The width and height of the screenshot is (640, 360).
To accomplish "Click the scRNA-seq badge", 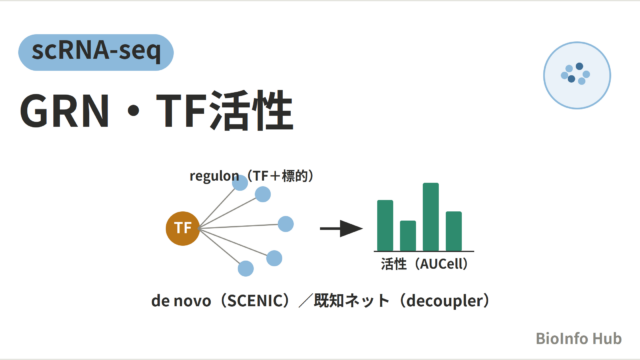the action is (x=96, y=52).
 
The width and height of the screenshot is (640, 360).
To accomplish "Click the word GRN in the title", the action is (x=64, y=111).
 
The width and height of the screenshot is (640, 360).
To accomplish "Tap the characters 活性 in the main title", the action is (x=251, y=111).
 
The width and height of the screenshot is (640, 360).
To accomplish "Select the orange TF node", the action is (x=182, y=228).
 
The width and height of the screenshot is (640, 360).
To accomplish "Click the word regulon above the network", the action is (x=214, y=176).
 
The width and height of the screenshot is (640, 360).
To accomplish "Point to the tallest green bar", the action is (x=431, y=217).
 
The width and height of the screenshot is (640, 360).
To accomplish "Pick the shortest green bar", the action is (x=408, y=236).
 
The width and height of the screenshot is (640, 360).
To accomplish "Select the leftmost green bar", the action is (x=385, y=225).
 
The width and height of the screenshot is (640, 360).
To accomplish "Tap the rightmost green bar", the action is (x=453, y=231).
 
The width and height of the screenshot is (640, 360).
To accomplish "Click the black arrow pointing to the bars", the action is (x=341, y=229).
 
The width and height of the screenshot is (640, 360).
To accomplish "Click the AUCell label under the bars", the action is (x=443, y=264).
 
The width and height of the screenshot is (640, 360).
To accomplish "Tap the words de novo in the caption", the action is (x=181, y=301).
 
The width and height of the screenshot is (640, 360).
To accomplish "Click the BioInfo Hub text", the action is (x=579, y=338).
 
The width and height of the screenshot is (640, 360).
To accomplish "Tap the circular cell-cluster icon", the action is (x=577, y=75).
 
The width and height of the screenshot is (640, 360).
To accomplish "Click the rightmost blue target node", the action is (x=286, y=224).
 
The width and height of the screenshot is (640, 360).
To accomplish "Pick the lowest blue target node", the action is (x=245, y=269).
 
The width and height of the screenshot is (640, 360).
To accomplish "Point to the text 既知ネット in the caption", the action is (x=351, y=301).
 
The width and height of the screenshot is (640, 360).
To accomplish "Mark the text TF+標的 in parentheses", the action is (x=280, y=176).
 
